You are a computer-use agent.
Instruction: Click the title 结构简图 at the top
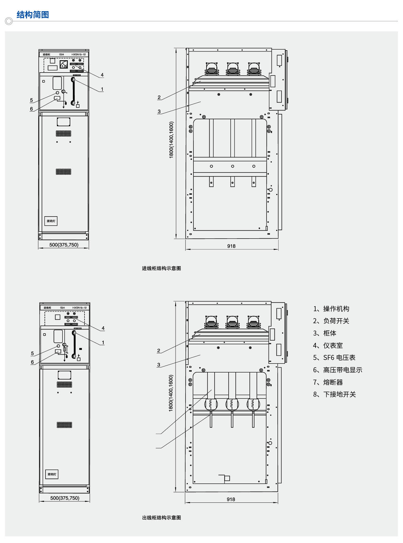33,15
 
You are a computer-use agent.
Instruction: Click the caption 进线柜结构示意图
161,268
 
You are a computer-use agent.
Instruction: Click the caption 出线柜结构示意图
161,517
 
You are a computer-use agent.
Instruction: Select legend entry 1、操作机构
331,309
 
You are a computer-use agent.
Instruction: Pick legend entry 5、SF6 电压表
334,358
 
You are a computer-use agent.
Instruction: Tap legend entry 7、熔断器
328,382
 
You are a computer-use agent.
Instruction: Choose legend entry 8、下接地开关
334,394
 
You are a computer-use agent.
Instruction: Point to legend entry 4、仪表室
328,346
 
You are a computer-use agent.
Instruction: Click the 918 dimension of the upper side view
231,246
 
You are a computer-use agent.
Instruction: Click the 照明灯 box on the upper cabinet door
51,221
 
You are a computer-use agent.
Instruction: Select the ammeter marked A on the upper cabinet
63,64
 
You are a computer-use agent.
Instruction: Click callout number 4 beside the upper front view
102,75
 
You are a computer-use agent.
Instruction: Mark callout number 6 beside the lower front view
32,362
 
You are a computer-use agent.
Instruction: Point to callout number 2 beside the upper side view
159,97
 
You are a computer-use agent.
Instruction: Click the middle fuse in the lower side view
232,404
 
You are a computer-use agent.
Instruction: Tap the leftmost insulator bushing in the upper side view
211,69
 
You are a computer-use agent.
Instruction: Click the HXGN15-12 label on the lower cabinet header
80,308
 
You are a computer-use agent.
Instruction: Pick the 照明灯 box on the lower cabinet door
52,474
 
